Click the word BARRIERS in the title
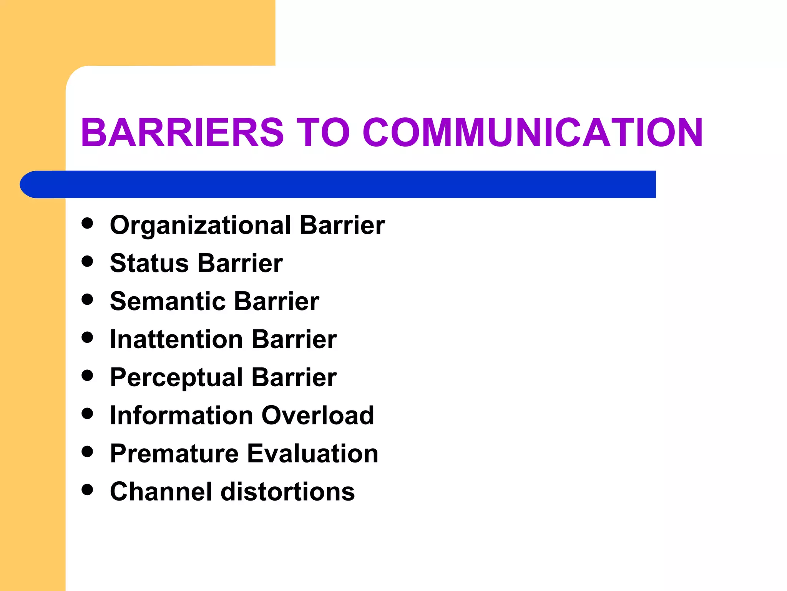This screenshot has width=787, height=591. click(182, 132)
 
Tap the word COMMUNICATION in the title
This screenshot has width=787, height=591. click(533, 132)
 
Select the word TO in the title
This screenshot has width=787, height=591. click(323, 132)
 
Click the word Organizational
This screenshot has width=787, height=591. click(200, 226)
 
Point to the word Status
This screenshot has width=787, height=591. click(149, 264)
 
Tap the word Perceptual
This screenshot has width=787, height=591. click(176, 378)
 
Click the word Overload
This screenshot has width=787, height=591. click(318, 416)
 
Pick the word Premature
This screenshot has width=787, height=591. click(174, 454)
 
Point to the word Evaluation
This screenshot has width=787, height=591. click(313, 454)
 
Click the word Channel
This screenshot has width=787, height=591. click(161, 492)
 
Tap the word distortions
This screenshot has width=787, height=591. click(288, 492)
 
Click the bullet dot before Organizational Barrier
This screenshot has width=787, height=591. click(88, 224)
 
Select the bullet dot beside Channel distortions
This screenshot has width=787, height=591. click(88, 490)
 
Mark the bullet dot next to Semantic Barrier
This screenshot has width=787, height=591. click(88, 299)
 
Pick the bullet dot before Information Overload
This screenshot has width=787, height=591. click(88, 414)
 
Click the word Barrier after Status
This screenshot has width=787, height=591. click(241, 264)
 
